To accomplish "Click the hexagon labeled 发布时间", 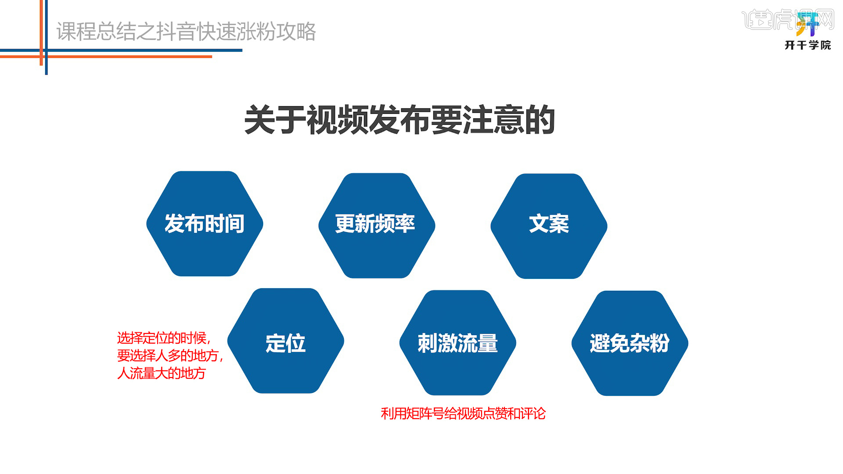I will [x=205, y=224].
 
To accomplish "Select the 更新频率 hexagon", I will [x=377, y=226].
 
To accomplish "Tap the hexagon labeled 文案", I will [x=549, y=226].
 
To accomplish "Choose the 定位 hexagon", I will [x=285, y=341].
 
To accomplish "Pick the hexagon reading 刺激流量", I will [x=458, y=343].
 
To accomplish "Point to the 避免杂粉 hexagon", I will [x=630, y=343].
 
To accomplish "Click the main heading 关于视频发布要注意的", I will [x=400, y=120].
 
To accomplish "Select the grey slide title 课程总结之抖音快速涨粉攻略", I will [x=186, y=32].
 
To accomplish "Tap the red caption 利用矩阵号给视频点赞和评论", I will [x=463, y=413].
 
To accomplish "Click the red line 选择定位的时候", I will [x=164, y=338].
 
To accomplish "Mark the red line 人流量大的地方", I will [x=162, y=373].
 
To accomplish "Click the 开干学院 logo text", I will [x=808, y=45].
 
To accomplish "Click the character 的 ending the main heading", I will [x=540, y=120].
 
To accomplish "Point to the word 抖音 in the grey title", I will [x=176, y=32].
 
